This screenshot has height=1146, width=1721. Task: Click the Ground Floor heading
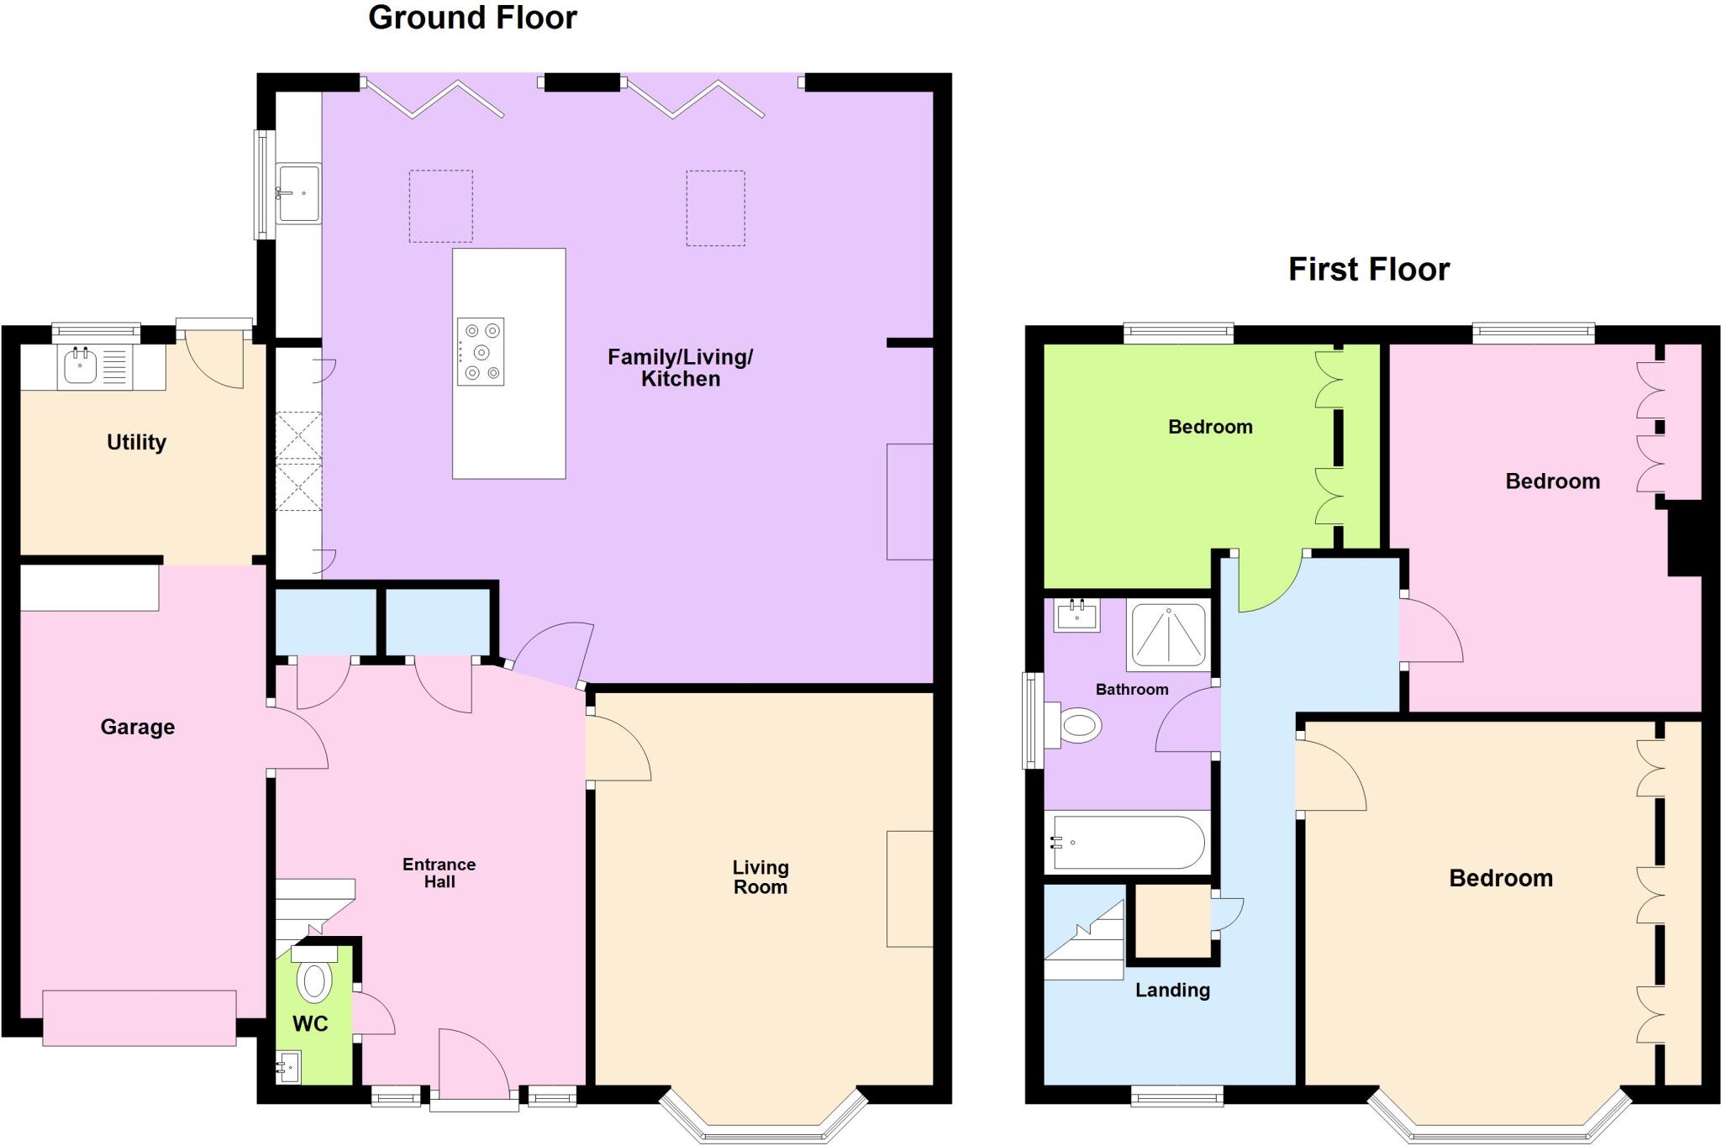pyautogui.click(x=472, y=18)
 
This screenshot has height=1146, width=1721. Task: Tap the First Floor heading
pyautogui.click(x=1369, y=270)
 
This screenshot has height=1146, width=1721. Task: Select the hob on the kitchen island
pyautogui.click(x=481, y=351)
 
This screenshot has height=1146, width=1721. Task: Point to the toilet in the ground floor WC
pyautogui.click(x=314, y=979)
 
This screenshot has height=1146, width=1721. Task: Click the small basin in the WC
pyautogui.click(x=288, y=1068)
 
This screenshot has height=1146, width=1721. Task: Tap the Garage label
pyautogui.click(x=137, y=727)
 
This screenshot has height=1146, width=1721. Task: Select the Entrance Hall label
pyautogui.click(x=439, y=873)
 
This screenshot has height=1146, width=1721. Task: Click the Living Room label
pyautogui.click(x=760, y=877)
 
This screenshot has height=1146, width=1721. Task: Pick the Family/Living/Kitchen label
pyautogui.click(x=680, y=368)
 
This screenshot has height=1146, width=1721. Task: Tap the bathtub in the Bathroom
pyautogui.click(x=1127, y=842)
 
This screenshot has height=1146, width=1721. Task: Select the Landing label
pyautogui.click(x=1172, y=990)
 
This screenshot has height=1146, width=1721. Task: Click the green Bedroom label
pyautogui.click(x=1210, y=427)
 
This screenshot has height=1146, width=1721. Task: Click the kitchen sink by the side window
pyautogui.click(x=298, y=193)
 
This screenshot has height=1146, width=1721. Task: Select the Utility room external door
pyautogui.click(x=214, y=357)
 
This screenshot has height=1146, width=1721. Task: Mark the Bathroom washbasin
pyautogui.click(x=1076, y=615)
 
